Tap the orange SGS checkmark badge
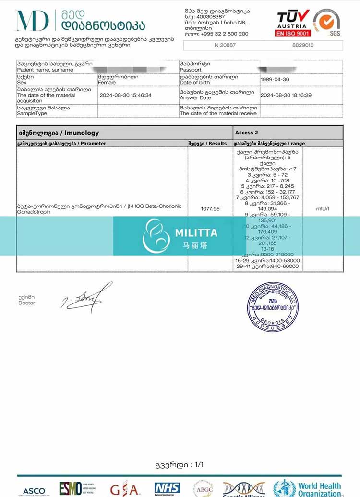coord(327,23)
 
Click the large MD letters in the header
coord(32,21)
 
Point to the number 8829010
coord(302,45)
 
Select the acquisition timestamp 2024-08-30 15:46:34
coord(125,95)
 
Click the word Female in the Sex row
coord(107,83)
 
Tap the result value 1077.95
coord(210,209)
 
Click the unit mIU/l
coord(323,209)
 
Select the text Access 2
coord(247,133)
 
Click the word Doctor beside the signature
coord(27,303)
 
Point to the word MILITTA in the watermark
coord(196,233)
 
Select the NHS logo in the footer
coord(167,489)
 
